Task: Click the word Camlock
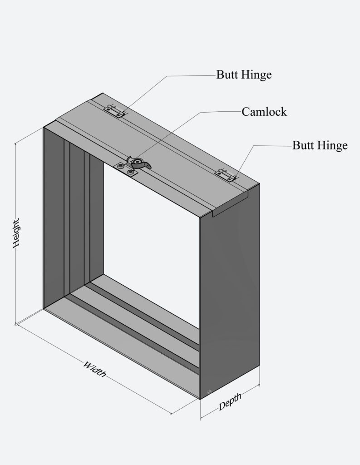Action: point(264,112)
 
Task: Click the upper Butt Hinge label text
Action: point(244,75)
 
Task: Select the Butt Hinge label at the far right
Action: point(320,145)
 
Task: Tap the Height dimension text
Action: point(16,233)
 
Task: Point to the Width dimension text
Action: point(94,369)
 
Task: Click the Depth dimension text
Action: point(230,401)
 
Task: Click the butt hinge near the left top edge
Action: point(114,110)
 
